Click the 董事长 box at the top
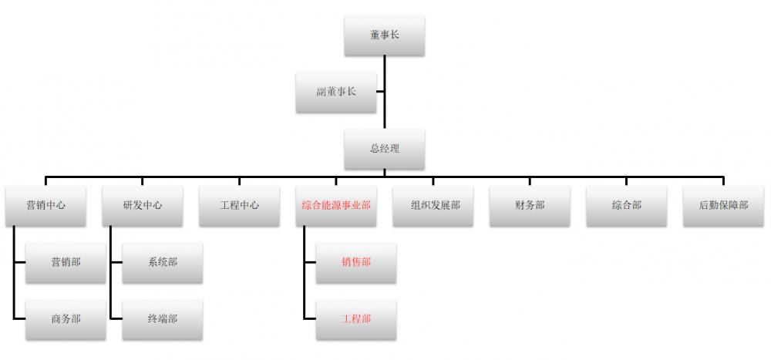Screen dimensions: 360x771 click(384, 35)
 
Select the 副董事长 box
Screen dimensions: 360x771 click(336, 92)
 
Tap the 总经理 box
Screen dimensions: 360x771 click(384, 149)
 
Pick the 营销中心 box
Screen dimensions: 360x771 click(45, 206)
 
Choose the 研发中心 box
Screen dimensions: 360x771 click(143, 206)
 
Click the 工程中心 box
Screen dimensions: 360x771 click(239, 206)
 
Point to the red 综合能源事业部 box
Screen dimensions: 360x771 click(336, 206)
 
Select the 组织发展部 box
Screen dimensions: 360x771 click(433, 206)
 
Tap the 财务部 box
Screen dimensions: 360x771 click(530, 206)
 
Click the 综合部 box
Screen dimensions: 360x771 click(626, 206)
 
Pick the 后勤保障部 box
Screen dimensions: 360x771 click(723, 206)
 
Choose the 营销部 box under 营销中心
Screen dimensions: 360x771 click(66, 263)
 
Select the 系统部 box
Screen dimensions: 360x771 click(162, 263)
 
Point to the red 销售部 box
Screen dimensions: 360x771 click(356, 263)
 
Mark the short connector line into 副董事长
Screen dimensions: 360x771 click(380, 92)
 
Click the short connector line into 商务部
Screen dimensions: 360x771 click(20, 318)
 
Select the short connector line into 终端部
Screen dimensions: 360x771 click(116, 318)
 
